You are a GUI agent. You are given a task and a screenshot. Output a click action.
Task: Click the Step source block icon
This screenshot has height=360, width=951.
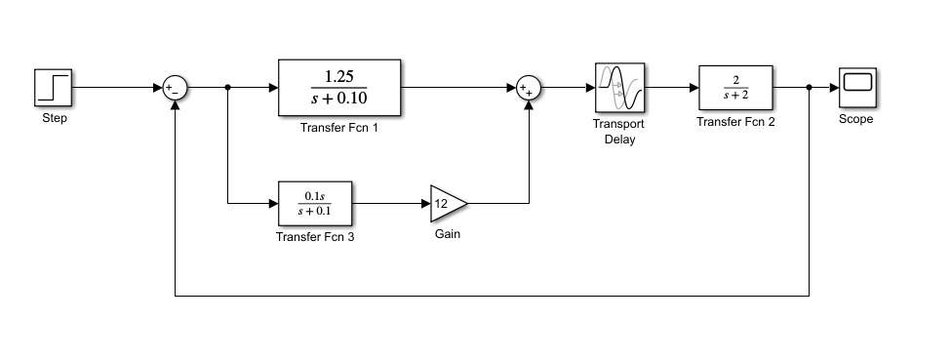click(x=54, y=87)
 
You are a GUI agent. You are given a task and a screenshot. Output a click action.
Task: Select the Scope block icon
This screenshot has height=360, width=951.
click(x=856, y=87)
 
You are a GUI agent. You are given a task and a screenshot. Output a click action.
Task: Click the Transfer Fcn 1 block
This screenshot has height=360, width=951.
click(x=338, y=87)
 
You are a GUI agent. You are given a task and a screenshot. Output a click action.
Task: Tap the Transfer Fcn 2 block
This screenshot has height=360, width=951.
click(x=735, y=87)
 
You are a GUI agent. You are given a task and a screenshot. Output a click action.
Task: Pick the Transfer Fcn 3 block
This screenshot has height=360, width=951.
click(x=315, y=203)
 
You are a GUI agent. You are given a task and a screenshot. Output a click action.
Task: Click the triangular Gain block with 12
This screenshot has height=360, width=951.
click(x=447, y=203)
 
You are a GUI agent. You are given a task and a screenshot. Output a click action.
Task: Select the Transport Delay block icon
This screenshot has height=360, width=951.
click(x=619, y=88)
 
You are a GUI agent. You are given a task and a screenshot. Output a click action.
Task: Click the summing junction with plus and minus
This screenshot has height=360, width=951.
click(x=175, y=88)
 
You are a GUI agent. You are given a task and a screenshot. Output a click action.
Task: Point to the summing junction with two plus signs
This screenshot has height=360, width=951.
click(x=529, y=88)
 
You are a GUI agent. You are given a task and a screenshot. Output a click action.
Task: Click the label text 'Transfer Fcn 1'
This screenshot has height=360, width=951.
click(x=338, y=128)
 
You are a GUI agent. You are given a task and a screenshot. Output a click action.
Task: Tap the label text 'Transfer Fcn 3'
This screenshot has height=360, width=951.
click(x=315, y=236)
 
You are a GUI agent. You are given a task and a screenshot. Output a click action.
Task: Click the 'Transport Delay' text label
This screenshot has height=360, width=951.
click(x=619, y=132)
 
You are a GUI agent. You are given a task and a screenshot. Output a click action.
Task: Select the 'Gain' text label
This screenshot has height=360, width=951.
click(x=448, y=235)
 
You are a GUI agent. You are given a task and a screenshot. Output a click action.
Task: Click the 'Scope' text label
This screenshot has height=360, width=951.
click(x=856, y=120)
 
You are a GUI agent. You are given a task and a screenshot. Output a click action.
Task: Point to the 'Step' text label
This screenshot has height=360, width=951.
click(x=55, y=120)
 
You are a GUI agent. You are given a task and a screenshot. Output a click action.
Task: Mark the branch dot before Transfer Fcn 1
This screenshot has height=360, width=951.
click(x=227, y=88)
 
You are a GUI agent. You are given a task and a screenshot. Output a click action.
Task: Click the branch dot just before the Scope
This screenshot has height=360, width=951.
click(x=810, y=88)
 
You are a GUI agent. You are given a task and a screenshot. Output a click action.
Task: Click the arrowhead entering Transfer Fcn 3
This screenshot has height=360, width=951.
click(x=272, y=203)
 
